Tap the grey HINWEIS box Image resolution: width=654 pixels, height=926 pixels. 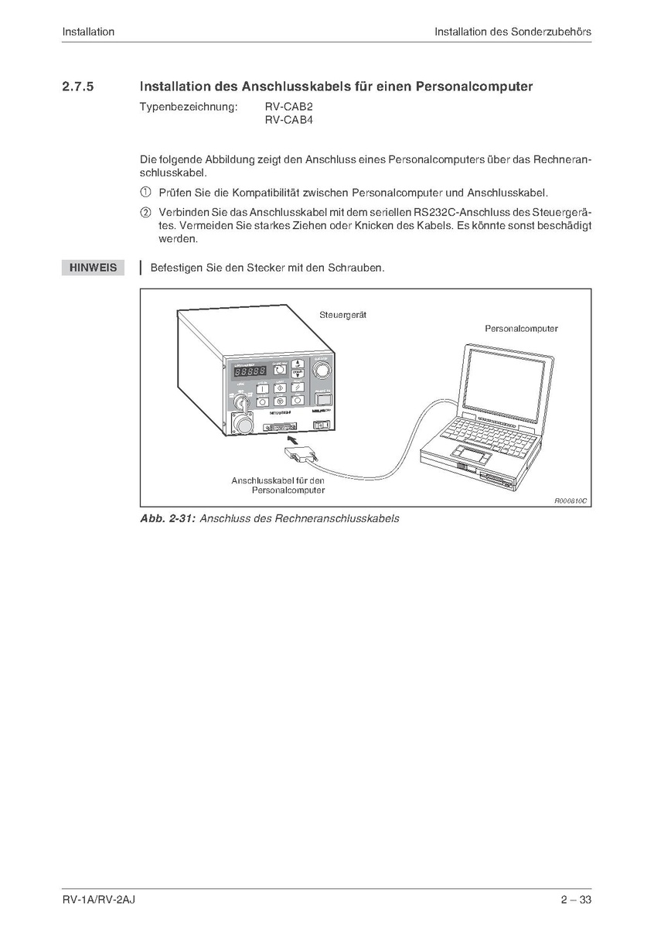[x=93, y=268]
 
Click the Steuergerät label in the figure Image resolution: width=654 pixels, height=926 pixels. [x=342, y=315]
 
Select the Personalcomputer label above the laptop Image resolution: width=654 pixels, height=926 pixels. [x=521, y=329]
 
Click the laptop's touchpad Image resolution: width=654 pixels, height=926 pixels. [x=472, y=453]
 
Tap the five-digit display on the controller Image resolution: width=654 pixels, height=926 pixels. [x=245, y=371]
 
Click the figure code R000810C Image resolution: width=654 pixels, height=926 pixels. [x=571, y=501]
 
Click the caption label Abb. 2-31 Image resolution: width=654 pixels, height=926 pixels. [x=168, y=518]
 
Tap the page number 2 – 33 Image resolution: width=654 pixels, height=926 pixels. [x=576, y=900]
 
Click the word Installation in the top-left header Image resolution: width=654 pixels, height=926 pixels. [x=88, y=32]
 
